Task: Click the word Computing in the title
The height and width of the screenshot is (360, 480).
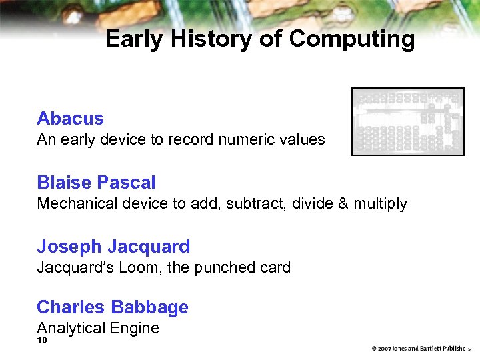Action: tap(352, 39)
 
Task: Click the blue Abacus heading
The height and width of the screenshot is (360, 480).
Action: tap(70, 119)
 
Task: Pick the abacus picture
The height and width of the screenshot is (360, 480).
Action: tap(407, 121)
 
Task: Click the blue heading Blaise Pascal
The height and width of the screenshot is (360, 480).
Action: tap(96, 183)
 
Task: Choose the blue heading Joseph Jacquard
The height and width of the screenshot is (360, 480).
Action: tap(113, 247)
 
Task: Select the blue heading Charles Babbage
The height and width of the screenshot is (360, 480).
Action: tap(113, 307)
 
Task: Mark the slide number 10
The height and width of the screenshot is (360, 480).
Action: tap(42, 341)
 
